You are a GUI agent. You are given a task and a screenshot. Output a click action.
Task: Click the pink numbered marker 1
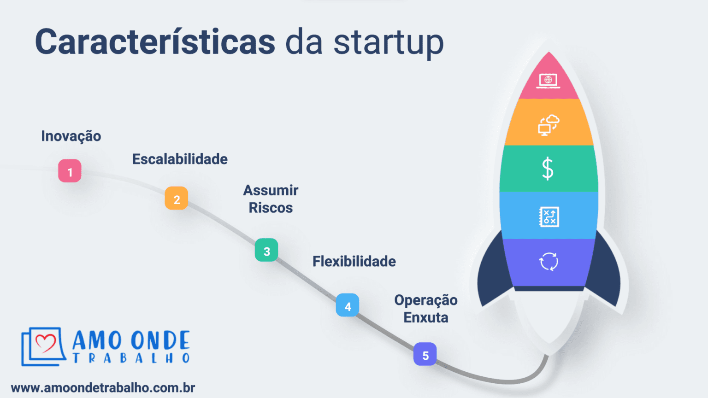tap(70, 171)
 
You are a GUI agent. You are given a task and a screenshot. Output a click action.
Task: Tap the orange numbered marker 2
tap(177, 199)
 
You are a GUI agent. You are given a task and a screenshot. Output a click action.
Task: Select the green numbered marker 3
tap(266, 250)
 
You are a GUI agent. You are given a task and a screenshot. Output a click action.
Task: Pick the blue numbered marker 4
tap(348, 305)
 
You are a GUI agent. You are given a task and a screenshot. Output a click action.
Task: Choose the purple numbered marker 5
tap(425, 354)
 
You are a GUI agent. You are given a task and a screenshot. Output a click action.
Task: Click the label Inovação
tap(71, 136)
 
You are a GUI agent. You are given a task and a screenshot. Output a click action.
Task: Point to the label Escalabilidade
tap(180, 159)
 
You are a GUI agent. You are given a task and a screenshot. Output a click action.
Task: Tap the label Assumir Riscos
tap(271, 199)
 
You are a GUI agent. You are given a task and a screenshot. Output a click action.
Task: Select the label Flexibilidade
tap(354, 262)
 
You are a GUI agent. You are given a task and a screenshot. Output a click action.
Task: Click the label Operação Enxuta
tap(426, 309)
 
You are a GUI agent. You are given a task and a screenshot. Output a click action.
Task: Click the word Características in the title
tap(155, 42)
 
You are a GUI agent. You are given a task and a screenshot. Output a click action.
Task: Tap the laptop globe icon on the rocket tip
tap(548, 81)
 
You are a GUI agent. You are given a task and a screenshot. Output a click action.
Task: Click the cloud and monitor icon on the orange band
tap(549, 125)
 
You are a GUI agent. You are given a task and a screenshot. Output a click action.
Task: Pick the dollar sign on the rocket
tap(548, 169)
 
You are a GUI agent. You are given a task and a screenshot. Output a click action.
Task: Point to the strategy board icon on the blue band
tap(549, 217)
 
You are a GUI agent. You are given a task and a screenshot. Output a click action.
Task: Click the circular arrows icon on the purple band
tap(549, 262)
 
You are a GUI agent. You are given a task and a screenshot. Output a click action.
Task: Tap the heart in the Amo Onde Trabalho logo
tap(45, 343)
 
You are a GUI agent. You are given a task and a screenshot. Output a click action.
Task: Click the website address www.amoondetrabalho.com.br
tap(103, 388)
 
